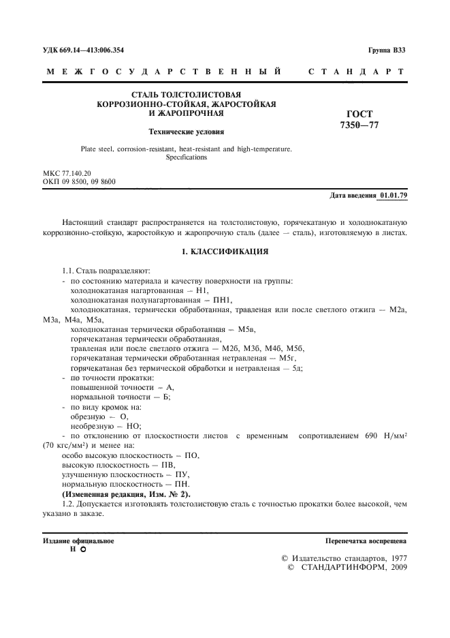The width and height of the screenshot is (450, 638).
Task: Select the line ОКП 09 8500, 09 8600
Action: click(x=79, y=182)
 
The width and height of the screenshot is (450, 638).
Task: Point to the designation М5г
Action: click(x=287, y=358)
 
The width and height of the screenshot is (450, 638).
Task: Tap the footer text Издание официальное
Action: click(x=78, y=541)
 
